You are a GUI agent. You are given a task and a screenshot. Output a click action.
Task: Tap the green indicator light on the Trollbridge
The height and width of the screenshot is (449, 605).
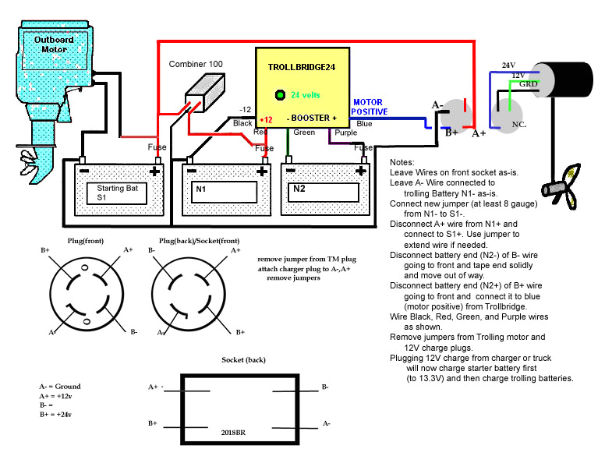click(279, 95)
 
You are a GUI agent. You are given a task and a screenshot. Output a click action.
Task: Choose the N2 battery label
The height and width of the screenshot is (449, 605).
click(299, 189)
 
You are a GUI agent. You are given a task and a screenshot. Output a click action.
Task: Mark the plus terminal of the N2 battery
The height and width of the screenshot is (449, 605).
click(363, 170)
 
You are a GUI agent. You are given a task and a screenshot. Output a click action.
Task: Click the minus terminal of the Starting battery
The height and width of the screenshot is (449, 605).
click(83, 170)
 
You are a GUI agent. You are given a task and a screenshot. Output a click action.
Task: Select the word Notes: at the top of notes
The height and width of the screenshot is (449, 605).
click(405, 161)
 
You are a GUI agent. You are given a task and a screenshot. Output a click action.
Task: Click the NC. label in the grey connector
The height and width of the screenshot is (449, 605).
click(517, 124)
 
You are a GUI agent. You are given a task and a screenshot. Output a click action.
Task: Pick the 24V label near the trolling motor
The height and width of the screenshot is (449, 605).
click(508, 65)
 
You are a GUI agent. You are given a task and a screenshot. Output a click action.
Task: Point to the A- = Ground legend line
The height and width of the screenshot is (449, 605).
click(59, 386)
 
